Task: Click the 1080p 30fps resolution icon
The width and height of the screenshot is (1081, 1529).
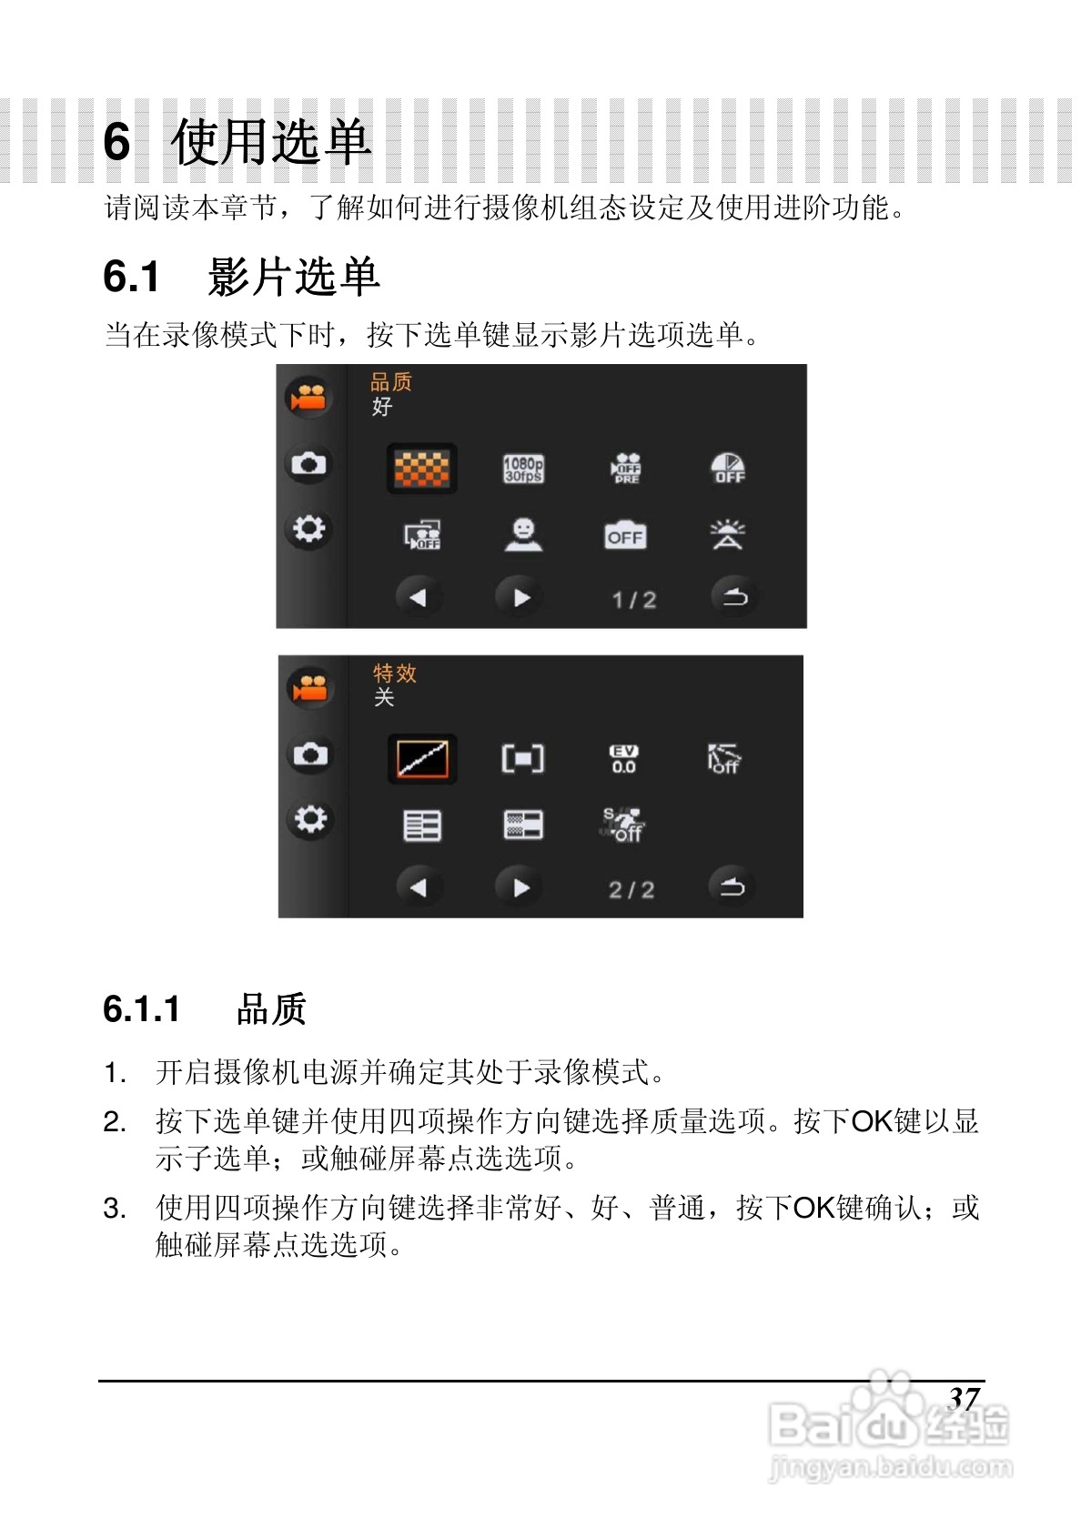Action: (x=523, y=470)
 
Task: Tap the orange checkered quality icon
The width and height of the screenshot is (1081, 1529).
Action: (x=421, y=470)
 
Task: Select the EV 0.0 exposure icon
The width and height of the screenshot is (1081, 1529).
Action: (x=623, y=759)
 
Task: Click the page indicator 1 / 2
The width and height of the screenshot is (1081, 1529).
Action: (x=633, y=600)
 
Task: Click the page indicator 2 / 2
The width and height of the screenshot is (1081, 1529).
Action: (x=631, y=889)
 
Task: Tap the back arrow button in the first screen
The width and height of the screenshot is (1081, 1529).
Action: (x=733, y=597)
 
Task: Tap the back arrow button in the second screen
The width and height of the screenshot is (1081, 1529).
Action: (x=732, y=886)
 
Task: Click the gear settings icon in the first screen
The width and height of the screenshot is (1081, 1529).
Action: (x=308, y=529)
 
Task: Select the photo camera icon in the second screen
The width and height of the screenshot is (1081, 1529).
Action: (x=309, y=754)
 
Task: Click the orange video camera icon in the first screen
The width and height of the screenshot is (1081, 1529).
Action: (x=308, y=398)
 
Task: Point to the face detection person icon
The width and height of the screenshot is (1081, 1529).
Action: (x=523, y=535)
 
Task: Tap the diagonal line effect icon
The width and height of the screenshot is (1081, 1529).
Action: (x=422, y=759)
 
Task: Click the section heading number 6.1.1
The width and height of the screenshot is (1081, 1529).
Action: (x=142, y=1009)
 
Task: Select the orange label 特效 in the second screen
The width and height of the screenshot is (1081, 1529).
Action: (x=395, y=673)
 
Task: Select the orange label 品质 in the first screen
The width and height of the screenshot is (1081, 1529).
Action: (x=391, y=382)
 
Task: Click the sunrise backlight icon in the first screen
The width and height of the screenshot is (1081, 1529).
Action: (x=728, y=535)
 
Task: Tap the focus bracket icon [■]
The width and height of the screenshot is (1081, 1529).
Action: (x=523, y=759)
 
